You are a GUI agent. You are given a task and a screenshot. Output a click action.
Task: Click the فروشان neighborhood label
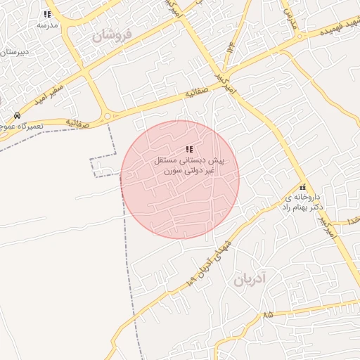[112, 36]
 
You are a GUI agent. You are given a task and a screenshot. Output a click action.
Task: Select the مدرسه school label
[47, 25]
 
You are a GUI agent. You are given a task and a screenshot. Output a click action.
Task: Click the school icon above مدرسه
[47, 14]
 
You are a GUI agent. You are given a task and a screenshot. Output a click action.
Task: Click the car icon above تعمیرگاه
[16, 115]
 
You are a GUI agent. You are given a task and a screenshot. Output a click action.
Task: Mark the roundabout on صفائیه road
[107, 115]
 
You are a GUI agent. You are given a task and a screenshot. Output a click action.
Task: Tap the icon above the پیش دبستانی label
[189, 149]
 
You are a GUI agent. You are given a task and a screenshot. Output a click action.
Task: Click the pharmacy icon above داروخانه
[302, 188]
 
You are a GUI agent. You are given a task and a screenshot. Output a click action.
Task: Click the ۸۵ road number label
[268, 316]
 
